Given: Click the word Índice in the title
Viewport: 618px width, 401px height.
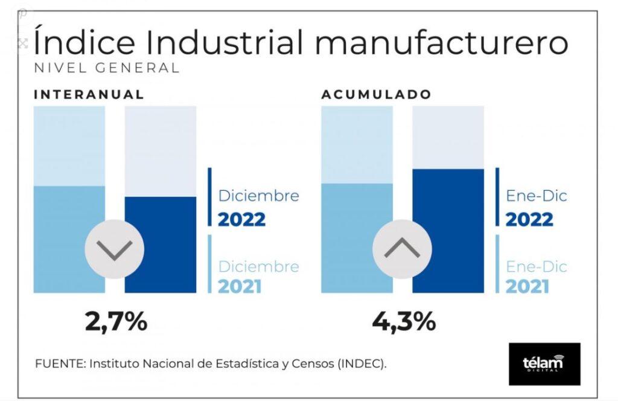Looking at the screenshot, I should point(80,43).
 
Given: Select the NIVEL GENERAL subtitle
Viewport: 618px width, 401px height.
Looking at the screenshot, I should point(107,68).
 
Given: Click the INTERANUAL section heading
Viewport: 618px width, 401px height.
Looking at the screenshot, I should point(89,94).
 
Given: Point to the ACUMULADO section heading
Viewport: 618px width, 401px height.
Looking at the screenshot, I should point(376,94).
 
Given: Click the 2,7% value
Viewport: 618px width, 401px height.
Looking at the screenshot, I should point(116,321).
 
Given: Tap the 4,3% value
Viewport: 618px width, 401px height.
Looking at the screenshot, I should point(404,321).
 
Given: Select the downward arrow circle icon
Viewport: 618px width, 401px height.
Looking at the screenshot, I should point(114,249).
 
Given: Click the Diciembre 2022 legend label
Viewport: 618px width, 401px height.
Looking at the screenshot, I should point(258,207).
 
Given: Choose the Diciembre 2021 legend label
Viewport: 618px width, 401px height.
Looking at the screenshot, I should point(258,275).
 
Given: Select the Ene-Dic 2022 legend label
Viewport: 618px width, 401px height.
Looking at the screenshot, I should point(536,207).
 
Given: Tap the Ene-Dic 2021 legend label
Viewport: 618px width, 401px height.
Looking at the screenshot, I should point(536,275).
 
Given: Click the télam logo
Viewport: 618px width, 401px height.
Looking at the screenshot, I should point(544,364).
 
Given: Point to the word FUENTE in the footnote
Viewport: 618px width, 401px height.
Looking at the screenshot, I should point(60,364).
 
